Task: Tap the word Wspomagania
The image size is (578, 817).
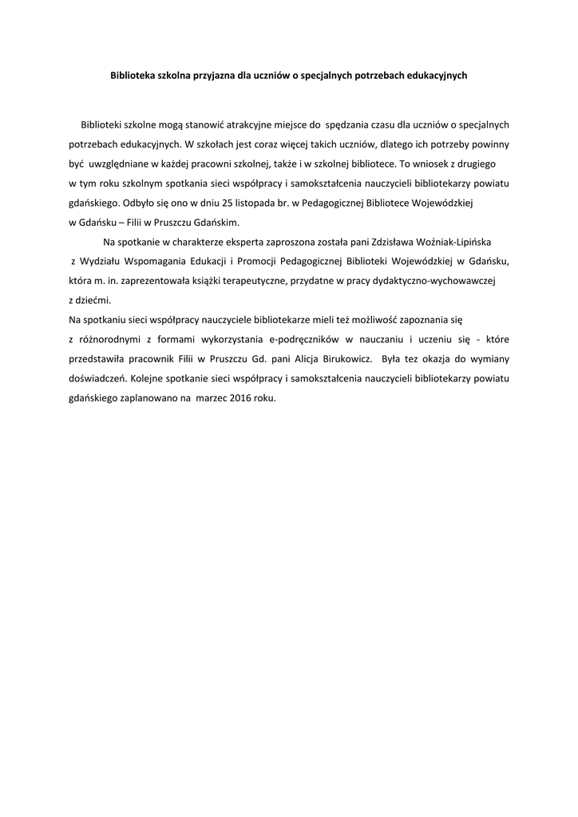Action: tap(155, 261)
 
